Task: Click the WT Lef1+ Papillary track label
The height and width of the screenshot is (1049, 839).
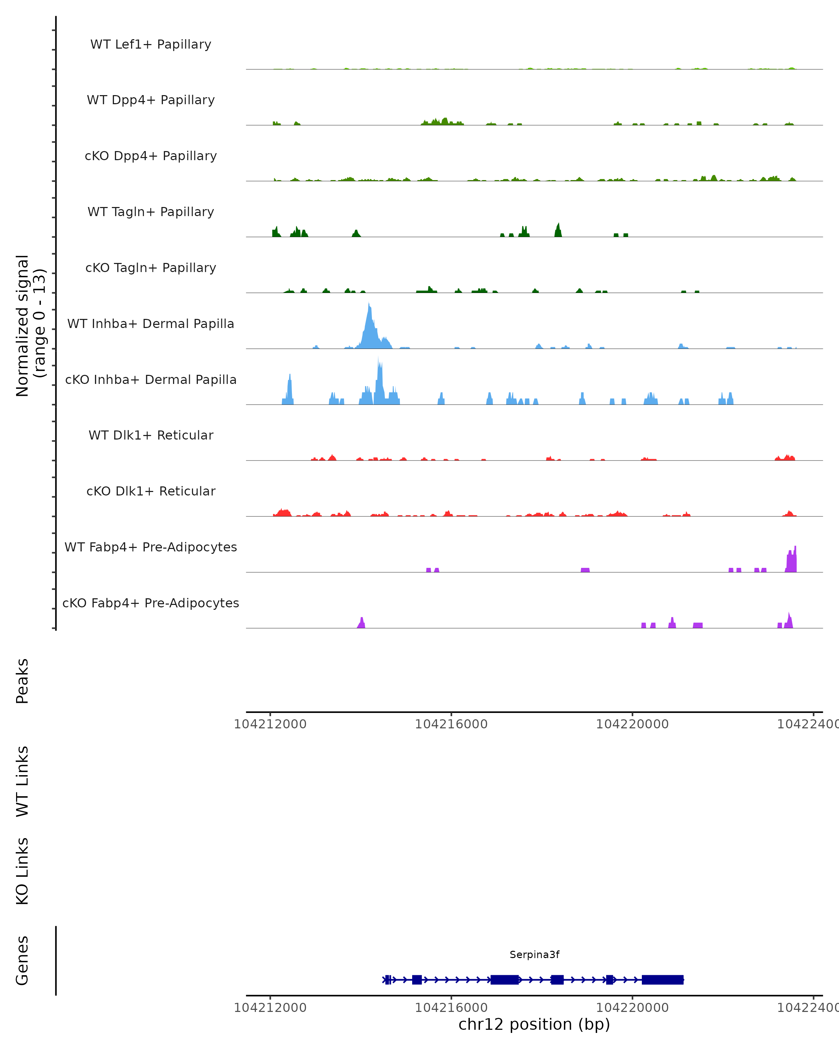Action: pos(151,44)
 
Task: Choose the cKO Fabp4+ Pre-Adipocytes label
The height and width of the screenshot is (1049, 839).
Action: pos(151,603)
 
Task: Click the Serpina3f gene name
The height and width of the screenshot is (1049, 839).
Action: pos(534,955)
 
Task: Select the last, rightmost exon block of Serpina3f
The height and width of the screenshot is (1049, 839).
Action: pos(662,979)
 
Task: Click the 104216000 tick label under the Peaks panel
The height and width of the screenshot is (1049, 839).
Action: pos(451,724)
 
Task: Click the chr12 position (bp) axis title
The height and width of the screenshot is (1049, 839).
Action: pos(534,1025)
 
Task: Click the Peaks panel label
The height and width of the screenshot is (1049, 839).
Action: pos(22,681)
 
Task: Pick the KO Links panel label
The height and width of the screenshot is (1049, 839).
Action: pos(22,871)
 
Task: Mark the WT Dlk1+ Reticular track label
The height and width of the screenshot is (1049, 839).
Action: pos(151,435)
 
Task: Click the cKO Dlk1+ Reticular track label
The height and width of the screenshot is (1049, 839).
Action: pos(151,491)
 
